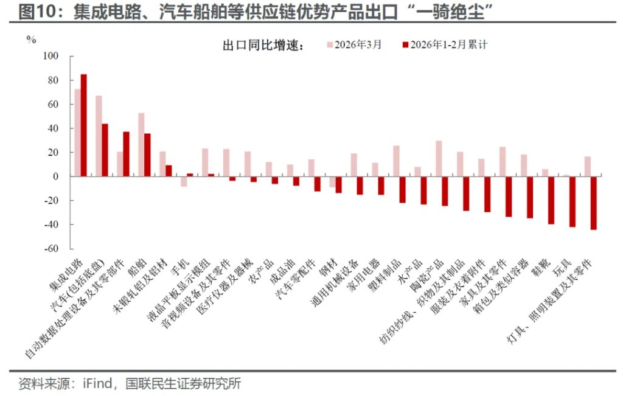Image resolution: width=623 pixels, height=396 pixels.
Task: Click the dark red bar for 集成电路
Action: [x=84, y=125]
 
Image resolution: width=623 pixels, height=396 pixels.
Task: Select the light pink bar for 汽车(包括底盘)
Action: [x=99, y=136]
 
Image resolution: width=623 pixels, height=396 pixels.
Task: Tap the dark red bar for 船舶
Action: [x=147, y=155]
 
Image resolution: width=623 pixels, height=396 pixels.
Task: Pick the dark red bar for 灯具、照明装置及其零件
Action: [x=593, y=203]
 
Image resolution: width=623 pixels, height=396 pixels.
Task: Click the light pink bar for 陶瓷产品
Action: [x=439, y=159]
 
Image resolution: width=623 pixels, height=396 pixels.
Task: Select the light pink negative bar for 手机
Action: [x=184, y=181]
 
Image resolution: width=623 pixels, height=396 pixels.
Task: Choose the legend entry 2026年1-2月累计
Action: [x=448, y=44]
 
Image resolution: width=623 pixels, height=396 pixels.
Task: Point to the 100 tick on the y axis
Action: [x=50, y=57]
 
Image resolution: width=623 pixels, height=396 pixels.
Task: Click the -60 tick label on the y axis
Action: [x=50, y=249]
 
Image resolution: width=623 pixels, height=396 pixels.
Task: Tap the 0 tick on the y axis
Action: [x=55, y=176]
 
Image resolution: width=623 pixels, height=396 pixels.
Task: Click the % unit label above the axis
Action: [x=31, y=40]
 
